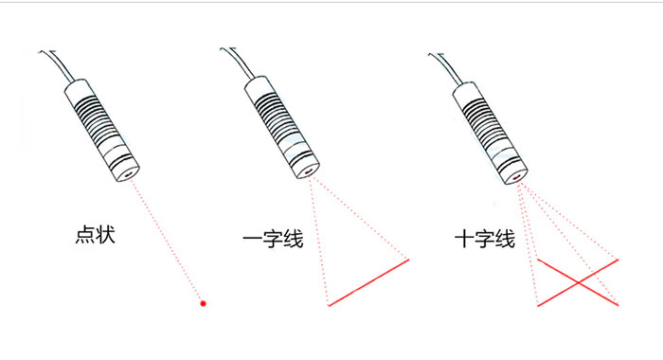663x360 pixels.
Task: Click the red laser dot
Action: pos(203,303)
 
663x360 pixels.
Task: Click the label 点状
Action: pos(95,235)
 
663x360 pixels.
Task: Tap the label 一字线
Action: pos(273,239)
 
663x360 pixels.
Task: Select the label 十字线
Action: pos(485,239)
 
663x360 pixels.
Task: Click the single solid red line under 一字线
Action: pos(368,282)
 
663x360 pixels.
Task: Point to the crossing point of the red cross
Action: pos(578,282)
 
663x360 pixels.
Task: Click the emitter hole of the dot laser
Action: pos(129,173)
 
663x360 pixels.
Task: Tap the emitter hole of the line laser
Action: pos(309,171)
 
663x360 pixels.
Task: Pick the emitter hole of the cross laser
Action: pos(517,177)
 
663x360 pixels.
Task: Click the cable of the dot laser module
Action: pos(59,64)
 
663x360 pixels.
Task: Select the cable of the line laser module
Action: pos(239,63)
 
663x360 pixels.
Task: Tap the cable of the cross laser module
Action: pos(447,68)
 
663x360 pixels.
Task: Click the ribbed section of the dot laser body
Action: pos(97,122)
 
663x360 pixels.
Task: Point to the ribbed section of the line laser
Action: pos(277,119)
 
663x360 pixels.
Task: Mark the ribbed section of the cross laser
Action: pos(485,126)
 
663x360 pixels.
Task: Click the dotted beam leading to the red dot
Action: pos(166,240)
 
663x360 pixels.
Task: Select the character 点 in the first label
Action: pos(85,235)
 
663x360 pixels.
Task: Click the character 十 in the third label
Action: pos(464,239)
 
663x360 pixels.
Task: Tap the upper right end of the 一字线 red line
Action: pos(409,260)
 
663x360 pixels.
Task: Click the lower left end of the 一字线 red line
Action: pos(329,305)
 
